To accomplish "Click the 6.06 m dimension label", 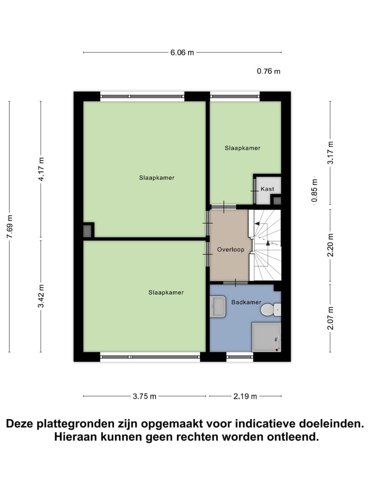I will [x=182, y=52].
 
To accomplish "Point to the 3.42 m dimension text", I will [x=41, y=296].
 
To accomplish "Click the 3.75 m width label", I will [x=144, y=396].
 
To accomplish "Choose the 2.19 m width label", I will [x=245, y=396].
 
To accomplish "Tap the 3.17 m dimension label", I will [x=330, y=152].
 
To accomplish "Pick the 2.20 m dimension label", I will [x=330, y=245].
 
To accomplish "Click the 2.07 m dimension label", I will [x=330, y=318].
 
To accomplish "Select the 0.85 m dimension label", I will [x=315, y=191].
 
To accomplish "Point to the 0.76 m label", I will [x=269, y=71].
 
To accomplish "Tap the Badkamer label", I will [x=246, y=302].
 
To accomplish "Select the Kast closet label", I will [x=267, y=189].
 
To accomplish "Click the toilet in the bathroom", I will [x=269, y=310].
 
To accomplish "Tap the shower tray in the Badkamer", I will [x=266, y=336].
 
